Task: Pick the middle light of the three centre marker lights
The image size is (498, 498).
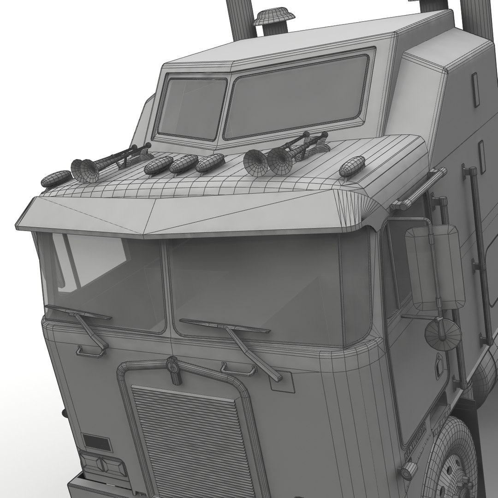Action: [x=184, y=164]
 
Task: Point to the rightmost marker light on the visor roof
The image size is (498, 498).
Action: [x=352, y=166]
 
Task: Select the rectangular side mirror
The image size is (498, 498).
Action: [x=433, y=267]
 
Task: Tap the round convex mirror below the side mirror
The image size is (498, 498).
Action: [x=443, y=334]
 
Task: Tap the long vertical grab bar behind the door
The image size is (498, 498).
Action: [x=480, y=258]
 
